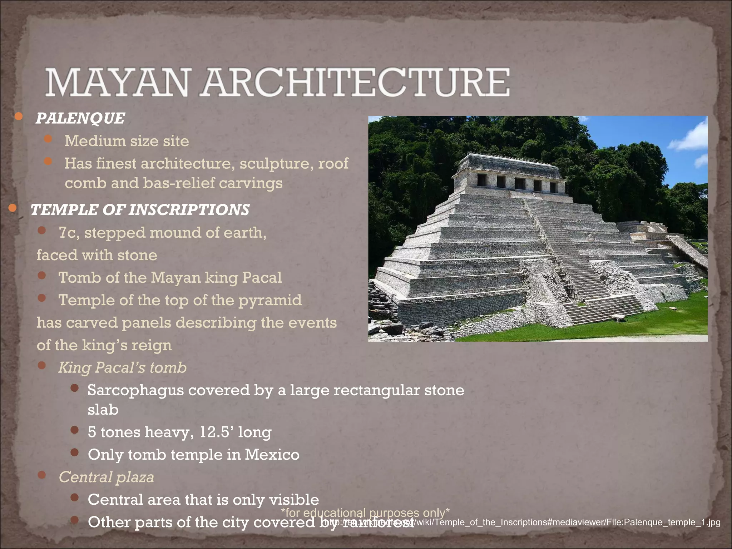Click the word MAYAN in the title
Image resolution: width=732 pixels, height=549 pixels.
click(117, 83)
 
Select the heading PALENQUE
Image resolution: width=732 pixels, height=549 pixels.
click(80, 118)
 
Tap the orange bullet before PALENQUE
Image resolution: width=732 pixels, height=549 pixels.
click(19, 117)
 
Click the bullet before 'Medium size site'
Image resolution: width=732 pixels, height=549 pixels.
click(48, 139)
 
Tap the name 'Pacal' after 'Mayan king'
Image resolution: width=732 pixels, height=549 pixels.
click(262, 278)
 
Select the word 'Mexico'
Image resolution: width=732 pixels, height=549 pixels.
click(272, 455)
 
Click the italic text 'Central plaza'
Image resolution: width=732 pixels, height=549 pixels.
click(106, 477)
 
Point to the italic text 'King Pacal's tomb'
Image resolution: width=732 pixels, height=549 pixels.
click(122, 367)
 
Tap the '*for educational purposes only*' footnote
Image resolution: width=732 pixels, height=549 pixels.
click(365, 513)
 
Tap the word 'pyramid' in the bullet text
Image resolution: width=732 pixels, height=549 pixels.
click(270, 300)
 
